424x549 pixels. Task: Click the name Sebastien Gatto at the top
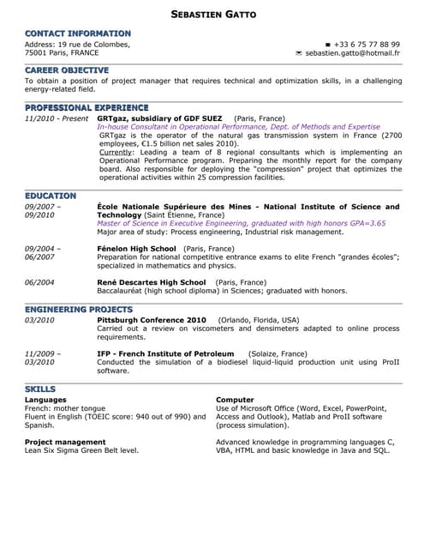point(213,15)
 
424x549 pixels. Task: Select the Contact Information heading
point(78,33)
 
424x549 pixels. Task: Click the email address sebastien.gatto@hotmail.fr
point(352,53)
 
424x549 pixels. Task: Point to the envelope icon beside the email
point(298,53)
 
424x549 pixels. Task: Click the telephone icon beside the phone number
point(328,45)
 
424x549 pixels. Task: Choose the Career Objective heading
point(67,70)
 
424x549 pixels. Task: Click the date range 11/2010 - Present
point(57,118)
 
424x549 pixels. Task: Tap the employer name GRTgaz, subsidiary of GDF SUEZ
point(159,118)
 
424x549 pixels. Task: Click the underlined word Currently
point(116,152)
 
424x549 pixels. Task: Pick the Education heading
point(51,196)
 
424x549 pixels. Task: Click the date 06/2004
point(40,282)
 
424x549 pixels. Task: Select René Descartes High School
point(152,282)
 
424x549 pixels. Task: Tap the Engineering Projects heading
point(79,309)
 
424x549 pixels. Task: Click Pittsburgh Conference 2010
point(152,319)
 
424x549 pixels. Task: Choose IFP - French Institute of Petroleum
point(165,353)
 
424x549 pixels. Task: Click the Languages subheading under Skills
point(45,400)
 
